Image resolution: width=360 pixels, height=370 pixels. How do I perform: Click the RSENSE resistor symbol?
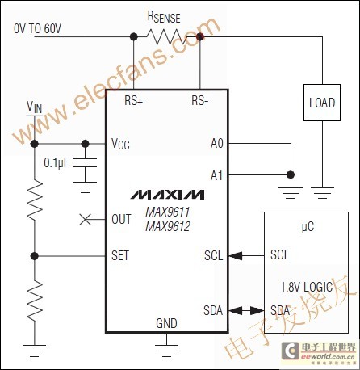pos(167,36)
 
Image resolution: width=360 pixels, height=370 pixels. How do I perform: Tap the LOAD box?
pos(322,103)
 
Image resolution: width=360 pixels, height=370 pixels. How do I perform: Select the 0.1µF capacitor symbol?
pos(85,163)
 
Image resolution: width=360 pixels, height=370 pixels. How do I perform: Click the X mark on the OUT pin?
pos(86,219)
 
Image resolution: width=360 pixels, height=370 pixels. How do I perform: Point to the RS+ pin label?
pos(133,101)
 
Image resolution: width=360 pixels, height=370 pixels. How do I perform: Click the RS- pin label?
pos(199,101)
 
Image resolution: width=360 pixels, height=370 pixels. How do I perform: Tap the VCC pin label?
pos(120,144)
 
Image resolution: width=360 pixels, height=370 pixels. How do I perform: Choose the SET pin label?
pos(120,255)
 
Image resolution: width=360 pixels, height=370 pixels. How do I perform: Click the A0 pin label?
pos(217,144)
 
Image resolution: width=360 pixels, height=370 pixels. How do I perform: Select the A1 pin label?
pos(216,175)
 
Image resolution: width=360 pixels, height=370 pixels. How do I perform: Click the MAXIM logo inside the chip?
pos(167,195)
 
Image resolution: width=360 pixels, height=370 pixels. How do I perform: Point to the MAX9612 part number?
pos(168,226)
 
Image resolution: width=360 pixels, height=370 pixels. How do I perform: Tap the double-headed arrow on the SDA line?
pos(246,311)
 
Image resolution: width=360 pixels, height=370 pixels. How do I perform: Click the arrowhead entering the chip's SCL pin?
pos(236,255)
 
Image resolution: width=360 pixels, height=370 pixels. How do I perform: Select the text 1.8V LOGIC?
pos(307,287)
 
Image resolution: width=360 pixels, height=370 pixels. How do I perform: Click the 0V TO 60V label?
pos(37,28)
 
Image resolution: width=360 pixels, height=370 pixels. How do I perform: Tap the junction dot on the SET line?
pos(35,256)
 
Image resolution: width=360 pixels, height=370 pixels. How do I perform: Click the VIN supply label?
pos(35,107)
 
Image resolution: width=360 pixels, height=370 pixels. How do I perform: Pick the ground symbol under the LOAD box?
pos(322,192)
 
